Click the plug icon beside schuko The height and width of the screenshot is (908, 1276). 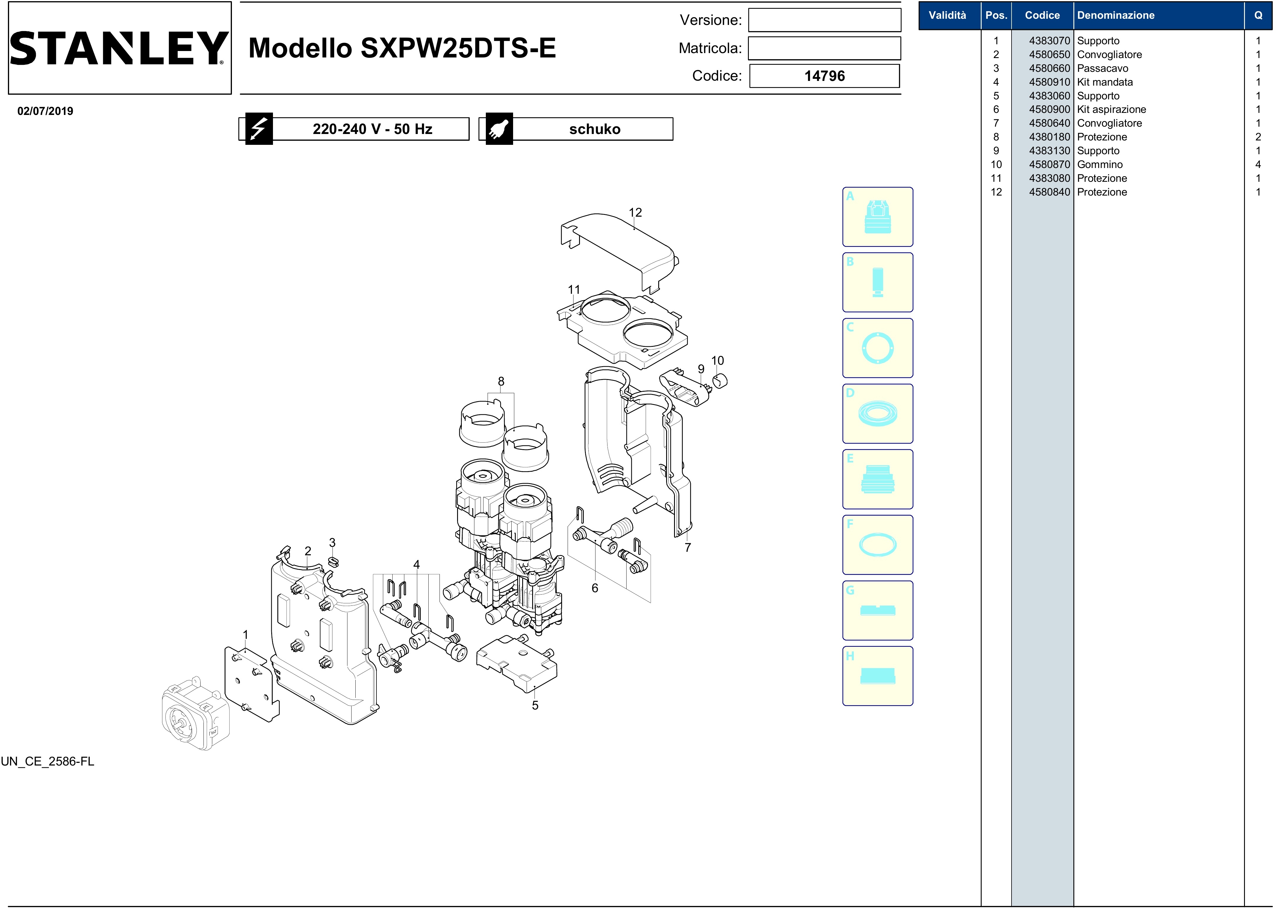tap(499, 129)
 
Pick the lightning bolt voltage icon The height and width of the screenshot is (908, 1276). tap(259, 129)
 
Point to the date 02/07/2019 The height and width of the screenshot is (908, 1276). tap(45, 111)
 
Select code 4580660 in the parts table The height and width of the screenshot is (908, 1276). tap(1049, 68)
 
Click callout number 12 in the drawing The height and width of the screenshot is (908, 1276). tap(635, 213)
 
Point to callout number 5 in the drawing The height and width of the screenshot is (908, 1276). tap(535, 706)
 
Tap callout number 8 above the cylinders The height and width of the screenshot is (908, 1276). tap(501, 381)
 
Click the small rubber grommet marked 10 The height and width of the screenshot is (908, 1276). tap(720, 381)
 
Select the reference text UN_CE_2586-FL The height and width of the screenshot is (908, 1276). tap(47, 761)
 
